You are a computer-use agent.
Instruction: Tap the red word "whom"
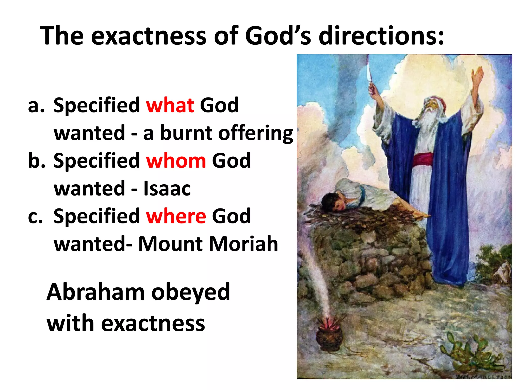176,161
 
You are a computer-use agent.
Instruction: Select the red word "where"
176,216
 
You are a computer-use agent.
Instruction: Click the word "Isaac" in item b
167,189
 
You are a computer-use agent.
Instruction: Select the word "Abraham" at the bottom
95,292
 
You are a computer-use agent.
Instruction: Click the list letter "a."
36,106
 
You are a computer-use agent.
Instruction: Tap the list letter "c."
36,217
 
